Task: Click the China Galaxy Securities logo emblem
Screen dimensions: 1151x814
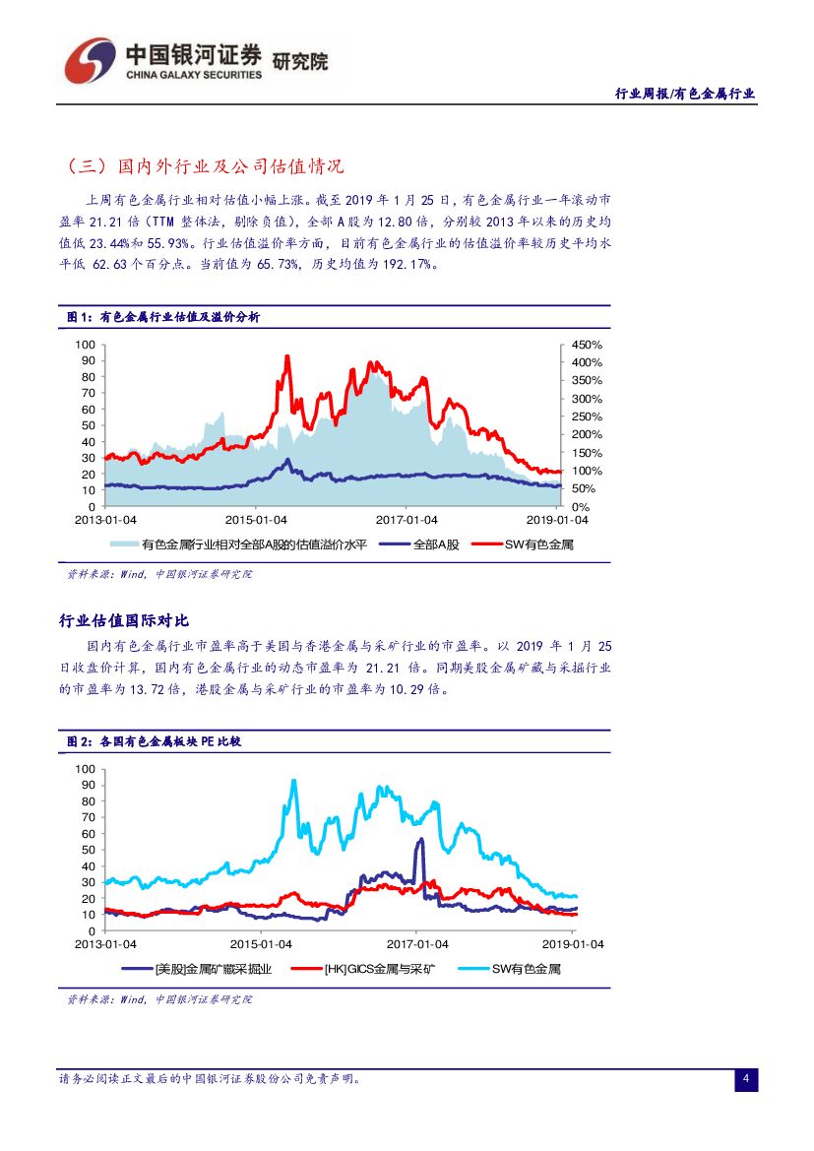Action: tap(91, 61)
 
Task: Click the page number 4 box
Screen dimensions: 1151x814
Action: tap(746, 1079)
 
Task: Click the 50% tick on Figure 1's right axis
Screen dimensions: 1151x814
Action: tap(583, 489)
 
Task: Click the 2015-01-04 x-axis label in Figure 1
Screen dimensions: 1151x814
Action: tap(256, 520)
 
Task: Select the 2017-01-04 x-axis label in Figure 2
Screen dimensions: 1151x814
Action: tap(416, 944)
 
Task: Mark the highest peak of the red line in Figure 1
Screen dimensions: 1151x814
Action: tap(287, 356)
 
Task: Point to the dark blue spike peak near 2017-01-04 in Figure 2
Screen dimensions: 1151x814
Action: tap(421, 839)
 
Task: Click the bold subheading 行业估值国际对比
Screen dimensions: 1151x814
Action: tap(124, 620)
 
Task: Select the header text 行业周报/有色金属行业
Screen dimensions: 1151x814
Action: tap(685, 94)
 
